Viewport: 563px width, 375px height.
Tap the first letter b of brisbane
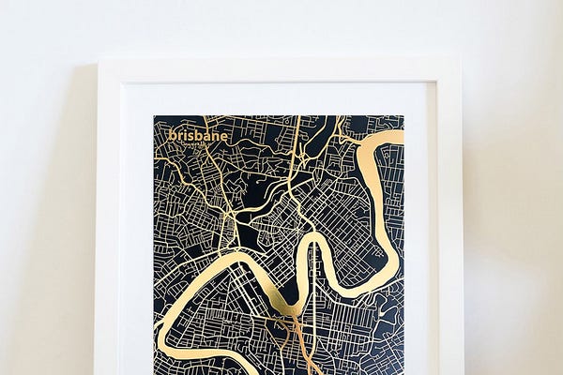pyautogui.click(x=172, y=135)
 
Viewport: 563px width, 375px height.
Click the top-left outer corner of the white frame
pyautogui.click(x=99, y=62)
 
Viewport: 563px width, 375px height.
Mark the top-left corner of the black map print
pyautogui.click(x=155, y=116)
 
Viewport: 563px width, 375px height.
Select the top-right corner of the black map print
pyautogui.click(x=403, y=116)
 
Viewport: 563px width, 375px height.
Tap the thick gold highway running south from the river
pyautogui.click(x=302, y=347)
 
